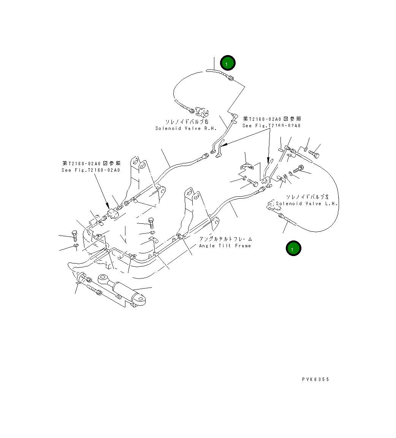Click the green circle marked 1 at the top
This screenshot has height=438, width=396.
click(228, 63)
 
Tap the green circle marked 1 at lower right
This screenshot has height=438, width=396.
click(293, 248)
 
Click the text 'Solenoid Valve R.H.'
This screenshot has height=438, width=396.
click(186, 128)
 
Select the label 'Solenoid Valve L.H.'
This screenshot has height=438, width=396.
click(307, 204)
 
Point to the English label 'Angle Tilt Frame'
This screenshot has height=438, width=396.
click(225, 246)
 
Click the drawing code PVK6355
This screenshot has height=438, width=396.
click(316, 379)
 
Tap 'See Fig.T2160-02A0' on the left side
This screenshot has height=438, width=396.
click(90, 170)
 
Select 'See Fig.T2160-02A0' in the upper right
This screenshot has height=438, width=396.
click(271, 126)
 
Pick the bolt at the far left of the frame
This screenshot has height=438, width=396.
click(74, 236)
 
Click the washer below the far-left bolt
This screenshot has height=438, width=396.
click(76, 248)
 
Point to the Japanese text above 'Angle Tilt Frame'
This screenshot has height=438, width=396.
click(225, 239)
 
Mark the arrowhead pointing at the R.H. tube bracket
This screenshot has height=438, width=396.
click(223, 145)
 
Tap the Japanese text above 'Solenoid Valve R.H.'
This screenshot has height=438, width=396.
click(187, 122)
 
